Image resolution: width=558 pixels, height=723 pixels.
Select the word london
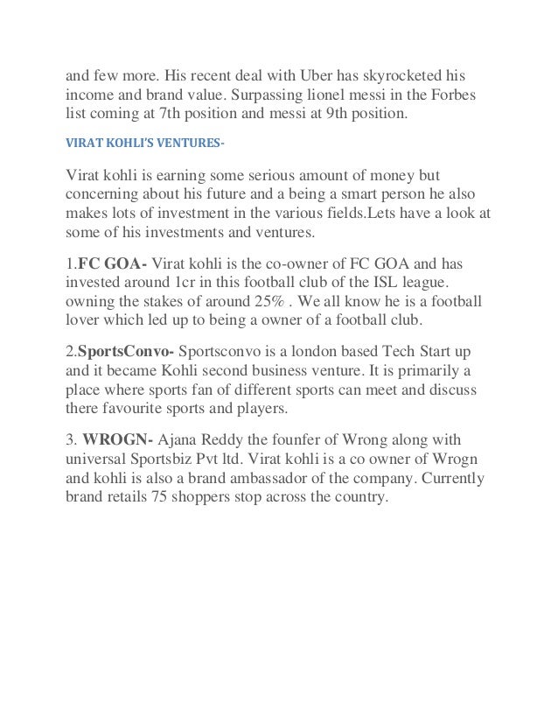coord(313,351)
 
